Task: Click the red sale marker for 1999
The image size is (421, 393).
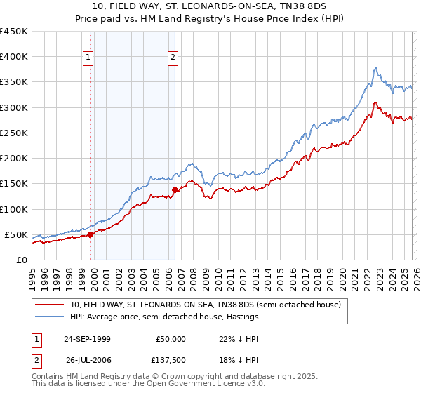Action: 91,235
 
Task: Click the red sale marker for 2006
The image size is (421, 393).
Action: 175,189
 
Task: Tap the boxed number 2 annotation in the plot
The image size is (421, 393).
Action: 173,58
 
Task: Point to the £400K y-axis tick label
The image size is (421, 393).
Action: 14,57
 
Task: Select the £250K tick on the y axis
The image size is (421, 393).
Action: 14,133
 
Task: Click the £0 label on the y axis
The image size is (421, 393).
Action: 21,260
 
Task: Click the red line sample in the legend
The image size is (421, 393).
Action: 50,305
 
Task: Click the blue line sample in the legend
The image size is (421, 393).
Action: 50,317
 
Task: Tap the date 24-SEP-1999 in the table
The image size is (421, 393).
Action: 88,338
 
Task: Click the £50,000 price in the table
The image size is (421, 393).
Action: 171,338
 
